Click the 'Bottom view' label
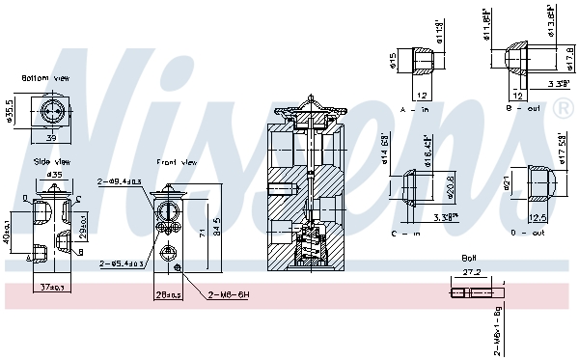45,77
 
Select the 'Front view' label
177,162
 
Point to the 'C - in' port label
417,232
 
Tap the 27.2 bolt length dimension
472,273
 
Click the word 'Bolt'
470,258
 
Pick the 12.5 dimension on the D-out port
538,217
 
